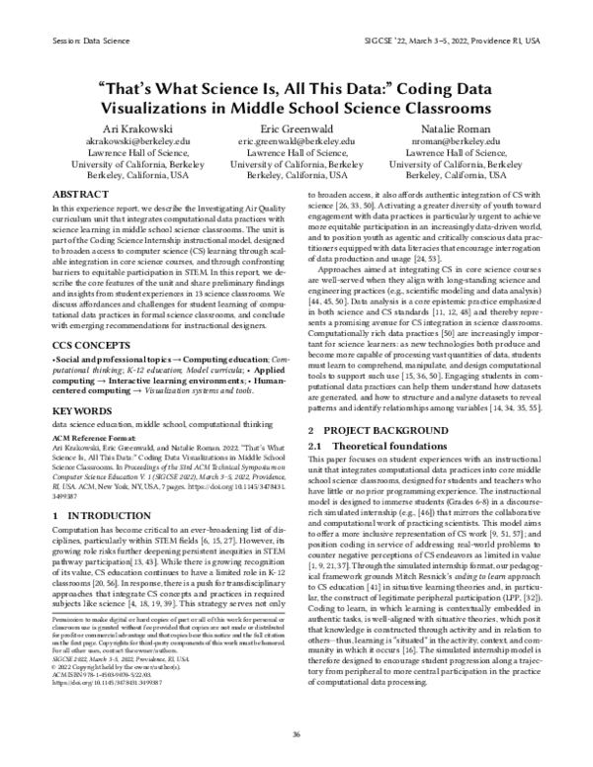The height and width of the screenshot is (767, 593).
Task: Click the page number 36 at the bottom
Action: (296, 734)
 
